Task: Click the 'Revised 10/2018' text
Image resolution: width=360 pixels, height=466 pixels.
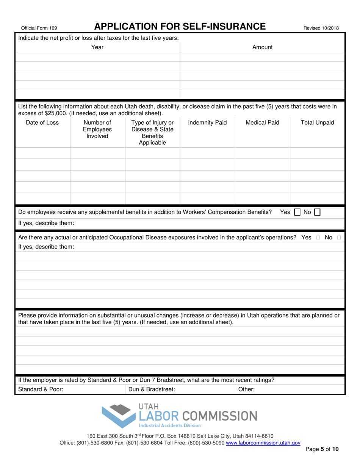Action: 321,28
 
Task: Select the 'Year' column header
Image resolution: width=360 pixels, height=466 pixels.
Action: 97,47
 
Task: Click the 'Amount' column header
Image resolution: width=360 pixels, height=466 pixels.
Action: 263,47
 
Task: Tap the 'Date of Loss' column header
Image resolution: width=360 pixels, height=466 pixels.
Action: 42,122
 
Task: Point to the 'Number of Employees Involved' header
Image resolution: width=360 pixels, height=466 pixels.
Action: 97,129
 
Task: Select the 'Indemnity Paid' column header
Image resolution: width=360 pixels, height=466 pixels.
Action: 207,122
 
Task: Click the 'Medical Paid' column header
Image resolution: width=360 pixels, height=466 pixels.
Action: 263,122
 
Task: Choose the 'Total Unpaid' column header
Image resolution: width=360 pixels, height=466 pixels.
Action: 317,122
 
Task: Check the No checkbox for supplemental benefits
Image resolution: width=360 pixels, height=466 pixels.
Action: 317,213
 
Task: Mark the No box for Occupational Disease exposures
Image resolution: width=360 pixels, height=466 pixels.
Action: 339,238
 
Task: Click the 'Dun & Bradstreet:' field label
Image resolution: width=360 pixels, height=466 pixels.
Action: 152,389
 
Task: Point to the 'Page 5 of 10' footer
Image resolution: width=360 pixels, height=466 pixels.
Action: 322,450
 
